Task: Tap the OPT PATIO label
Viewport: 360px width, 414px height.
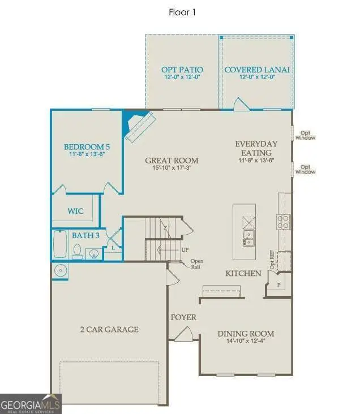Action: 182,70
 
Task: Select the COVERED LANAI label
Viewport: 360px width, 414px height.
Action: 257,70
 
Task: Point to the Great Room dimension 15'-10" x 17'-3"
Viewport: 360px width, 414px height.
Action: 171,168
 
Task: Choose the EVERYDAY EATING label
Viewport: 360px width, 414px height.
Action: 256,148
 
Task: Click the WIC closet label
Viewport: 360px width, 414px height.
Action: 76,211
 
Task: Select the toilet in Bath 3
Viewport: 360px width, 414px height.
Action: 77,251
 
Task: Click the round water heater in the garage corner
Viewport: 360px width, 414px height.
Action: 61,271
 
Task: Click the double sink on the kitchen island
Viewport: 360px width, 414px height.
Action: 248,238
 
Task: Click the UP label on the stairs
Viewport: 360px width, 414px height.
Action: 185,249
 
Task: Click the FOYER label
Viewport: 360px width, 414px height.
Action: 183,317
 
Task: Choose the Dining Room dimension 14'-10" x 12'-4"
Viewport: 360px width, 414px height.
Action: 246,342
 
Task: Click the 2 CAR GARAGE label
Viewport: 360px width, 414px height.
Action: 109,329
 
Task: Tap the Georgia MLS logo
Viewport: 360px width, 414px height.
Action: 31,404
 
